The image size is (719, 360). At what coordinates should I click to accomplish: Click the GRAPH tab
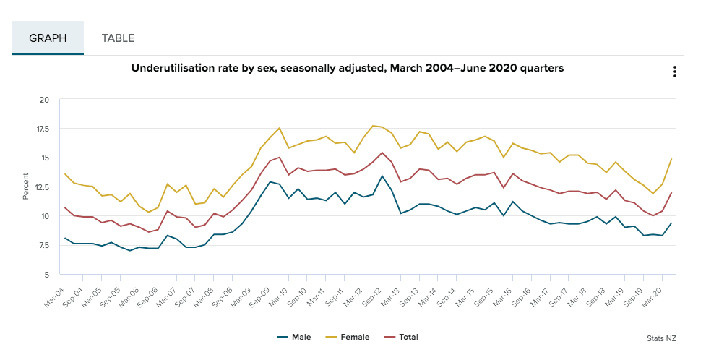coord(48,38)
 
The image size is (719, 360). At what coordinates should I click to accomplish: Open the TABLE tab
coord(118,38)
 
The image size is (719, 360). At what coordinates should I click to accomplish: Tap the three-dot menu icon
coord(674,72)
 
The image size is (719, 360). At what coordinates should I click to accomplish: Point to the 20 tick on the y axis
coord(44,100)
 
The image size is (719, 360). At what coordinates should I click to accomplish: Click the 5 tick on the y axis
coord(46,275)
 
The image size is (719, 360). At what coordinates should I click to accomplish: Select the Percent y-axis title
coord(26,187)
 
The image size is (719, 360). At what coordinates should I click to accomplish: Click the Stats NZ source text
coord(662,338)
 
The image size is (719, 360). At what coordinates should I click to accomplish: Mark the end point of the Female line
coord(673,158)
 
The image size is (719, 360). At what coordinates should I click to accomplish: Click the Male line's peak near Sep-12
coord(382,176)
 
